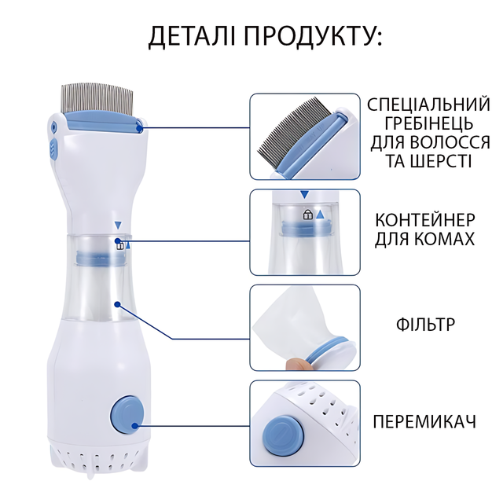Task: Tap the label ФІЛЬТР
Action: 425,325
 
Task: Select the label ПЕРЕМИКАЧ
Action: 424,421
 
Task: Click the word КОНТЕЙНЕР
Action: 425,220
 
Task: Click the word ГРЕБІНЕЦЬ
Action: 429,123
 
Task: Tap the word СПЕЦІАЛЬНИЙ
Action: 428,105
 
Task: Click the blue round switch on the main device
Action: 127,414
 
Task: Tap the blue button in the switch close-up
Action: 283,435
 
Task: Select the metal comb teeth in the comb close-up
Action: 297,130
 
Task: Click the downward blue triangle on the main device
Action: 118,225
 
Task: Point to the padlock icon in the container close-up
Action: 307,215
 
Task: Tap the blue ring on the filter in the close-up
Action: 326,349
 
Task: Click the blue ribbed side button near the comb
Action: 53,149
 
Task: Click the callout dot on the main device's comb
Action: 139,128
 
